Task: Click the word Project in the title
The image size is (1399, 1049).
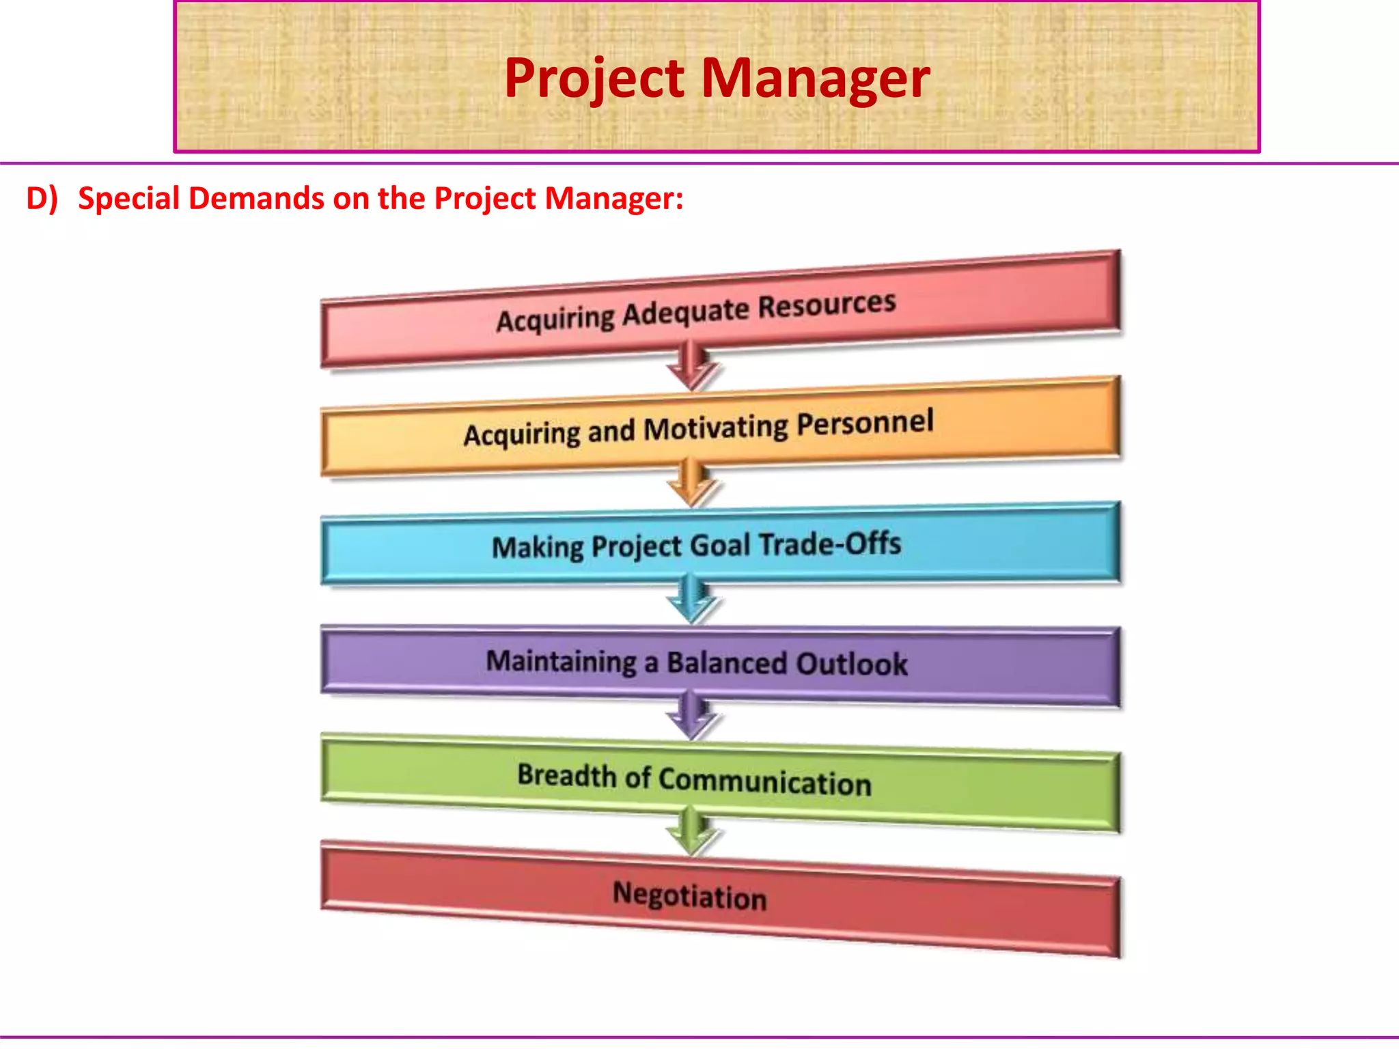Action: pos(594,79)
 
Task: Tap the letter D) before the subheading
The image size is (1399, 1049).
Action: pos(42,198)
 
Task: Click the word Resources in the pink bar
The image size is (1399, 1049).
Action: pos(827,305)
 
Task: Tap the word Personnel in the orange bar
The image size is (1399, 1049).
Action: pos(865,423)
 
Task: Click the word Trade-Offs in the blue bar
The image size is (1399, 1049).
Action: pos(830,544)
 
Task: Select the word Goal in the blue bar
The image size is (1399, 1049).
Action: pos(720,546)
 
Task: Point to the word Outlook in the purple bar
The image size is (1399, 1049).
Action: pos(851,664)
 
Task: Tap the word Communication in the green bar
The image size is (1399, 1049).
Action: pos(764,781)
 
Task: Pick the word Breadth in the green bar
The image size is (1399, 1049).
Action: pos(566,776)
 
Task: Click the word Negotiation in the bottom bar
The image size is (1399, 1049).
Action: pos(689,895)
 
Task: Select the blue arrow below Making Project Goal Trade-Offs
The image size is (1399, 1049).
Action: pos(692,599)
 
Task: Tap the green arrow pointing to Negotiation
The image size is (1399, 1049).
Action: pos(692,831)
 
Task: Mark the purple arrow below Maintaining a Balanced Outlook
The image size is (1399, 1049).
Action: pos(692,715)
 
